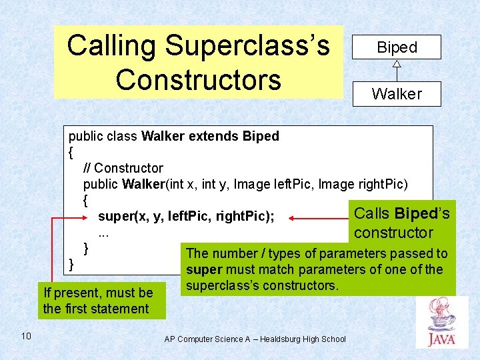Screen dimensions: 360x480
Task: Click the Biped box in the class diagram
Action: click(397, 47)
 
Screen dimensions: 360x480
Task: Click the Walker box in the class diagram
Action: click(397, 94)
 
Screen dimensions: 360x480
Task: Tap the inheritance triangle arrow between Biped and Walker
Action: click(397, 65)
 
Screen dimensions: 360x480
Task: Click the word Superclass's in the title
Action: click(247, 46)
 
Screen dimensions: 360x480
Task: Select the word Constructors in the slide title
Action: click(198, 79)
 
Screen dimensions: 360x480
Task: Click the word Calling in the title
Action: click(111, 46)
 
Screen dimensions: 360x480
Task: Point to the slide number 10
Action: click(26, 335)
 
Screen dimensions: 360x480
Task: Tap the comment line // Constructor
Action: click(123, 168)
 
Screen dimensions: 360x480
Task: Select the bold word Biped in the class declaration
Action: click(261, 136)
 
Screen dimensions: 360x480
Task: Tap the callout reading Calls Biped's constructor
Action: click(401, 223)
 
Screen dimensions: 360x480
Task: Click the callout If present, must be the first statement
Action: click(97, 301)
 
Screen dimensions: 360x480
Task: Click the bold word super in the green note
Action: click(204, 270)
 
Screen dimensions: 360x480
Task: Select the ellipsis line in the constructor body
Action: click(103, 233)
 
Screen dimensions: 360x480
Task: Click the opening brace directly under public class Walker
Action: click(71, 153)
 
